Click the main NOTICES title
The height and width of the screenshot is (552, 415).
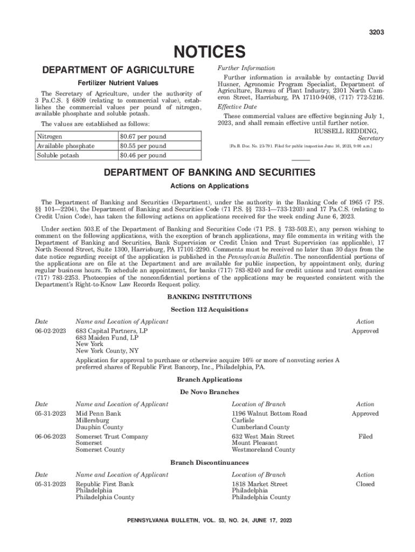[x=208, y=52]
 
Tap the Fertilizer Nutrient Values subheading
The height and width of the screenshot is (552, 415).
[x=118, y=83]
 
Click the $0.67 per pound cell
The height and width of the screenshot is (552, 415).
[x=142, y=137]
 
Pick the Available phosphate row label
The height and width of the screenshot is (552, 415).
[x=66, y=146]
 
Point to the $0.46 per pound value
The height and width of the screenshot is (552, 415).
[x=142, y=155]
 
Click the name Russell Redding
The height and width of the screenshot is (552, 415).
[x=345, y=131]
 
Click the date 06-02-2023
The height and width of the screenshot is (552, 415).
[x=51, y=331]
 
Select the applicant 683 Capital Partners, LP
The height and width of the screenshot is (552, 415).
[x=112, y=331]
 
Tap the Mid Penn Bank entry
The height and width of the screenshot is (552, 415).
[x=98, y=413]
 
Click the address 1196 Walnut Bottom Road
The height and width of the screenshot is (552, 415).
[x=269, y=413]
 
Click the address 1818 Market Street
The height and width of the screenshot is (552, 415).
[x=259, y=484]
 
